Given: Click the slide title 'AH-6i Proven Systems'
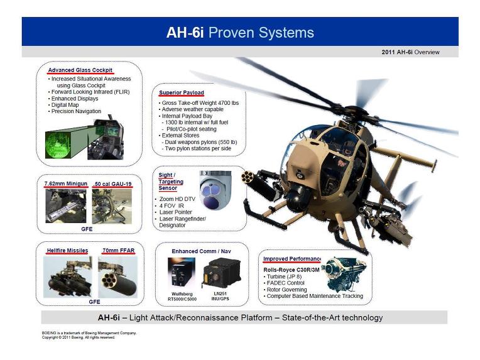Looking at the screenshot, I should (239, 33).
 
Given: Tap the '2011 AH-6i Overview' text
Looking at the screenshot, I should (410, 52).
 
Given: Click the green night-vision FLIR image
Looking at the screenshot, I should (60, 143).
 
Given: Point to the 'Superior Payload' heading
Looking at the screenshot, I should (181, 93).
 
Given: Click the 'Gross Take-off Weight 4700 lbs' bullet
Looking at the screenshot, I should (200, 102).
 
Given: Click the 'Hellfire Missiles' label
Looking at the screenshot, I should (67, 251).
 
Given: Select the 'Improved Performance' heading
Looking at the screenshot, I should (292, 259).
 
